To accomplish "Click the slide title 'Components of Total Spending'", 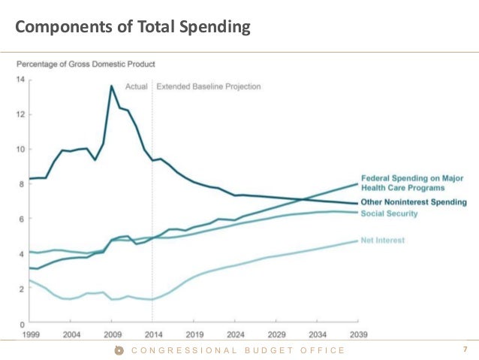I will pyautogui.click(x=132, y=28).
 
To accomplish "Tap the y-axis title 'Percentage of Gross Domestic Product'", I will pyautogui.click(x=86, y=64).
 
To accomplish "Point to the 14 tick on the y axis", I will pyautogui.click(x=20, y=80).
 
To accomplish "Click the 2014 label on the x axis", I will pyautogui.click(x=152, y=334).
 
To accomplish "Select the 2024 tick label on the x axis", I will pyautogui.click(x=234, y=334).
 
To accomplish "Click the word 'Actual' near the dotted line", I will pyautogui.click(x=136, y=86).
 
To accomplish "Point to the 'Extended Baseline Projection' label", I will pyautogui.click(x=209, y=86).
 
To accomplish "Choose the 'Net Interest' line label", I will pyautogui.click(x=383, y=241).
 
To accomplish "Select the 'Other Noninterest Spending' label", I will pyautogui.click(x=413, y=202).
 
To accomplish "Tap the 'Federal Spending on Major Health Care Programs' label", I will pyautogui.click(x=413, y=183).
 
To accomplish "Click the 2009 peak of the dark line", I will pyautogui.click(x=112, y=86).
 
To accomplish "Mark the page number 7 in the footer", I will pyautogui.click(x=465, y=349).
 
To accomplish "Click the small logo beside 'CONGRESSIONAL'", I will pyautogui.click(x=119, y=350).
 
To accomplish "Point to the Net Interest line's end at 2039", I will pyautogui.click(x=357, y=241).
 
